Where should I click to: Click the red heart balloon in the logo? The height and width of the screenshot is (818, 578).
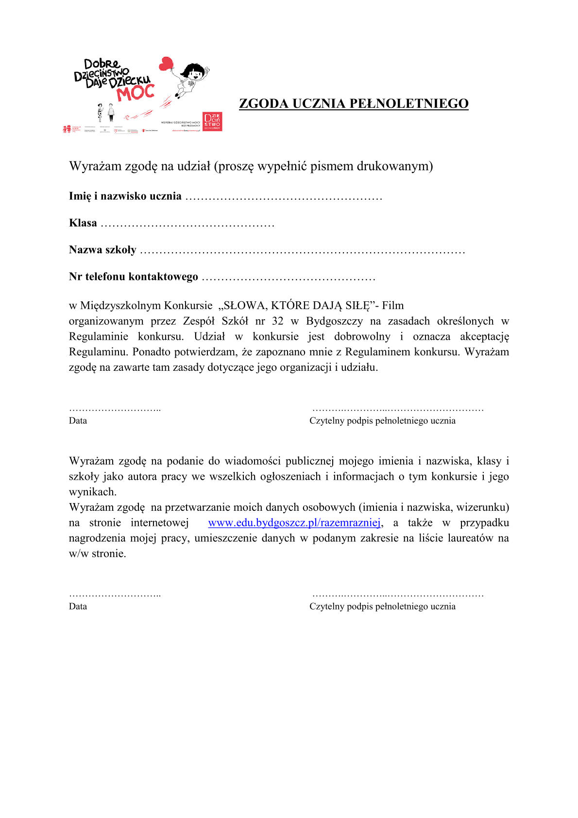coord(167,63)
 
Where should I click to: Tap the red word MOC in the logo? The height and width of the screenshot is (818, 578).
coord(136,92)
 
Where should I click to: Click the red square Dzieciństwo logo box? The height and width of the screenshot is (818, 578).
coord(212,122)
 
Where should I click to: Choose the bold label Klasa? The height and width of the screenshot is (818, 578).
coord(83,223)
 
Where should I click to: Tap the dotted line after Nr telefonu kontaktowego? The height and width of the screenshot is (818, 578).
coord(289,278)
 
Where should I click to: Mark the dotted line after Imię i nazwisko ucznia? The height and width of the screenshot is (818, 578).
coord(284,198)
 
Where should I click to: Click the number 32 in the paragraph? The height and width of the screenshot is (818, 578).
coord(278,321)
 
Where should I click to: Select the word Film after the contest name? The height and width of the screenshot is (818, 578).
coord(393,306)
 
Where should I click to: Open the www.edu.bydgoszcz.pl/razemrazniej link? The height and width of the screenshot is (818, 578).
coord(294,523)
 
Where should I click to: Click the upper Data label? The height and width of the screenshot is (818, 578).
coord(78,421)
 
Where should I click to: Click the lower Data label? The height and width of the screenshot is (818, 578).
coord(78,607)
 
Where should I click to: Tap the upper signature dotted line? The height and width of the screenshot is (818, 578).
coord(398,410)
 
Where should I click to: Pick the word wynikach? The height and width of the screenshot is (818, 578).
coord(92,492)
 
